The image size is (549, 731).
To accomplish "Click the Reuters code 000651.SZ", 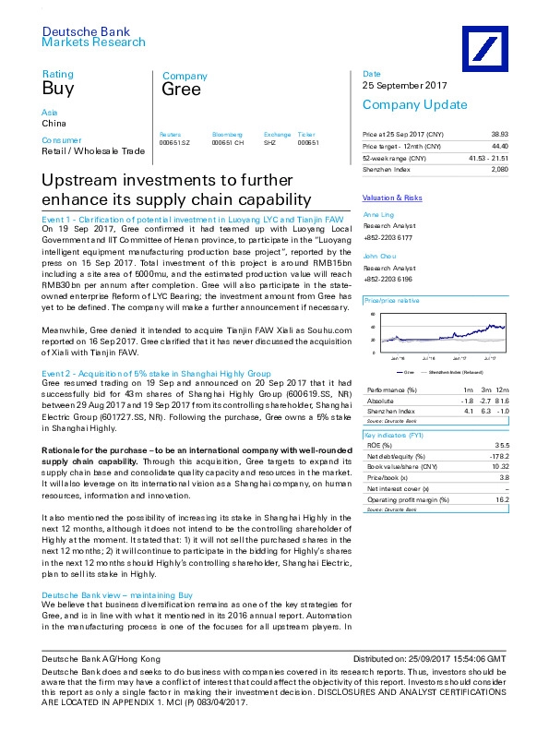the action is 173,143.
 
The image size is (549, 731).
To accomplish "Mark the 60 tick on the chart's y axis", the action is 373,316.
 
